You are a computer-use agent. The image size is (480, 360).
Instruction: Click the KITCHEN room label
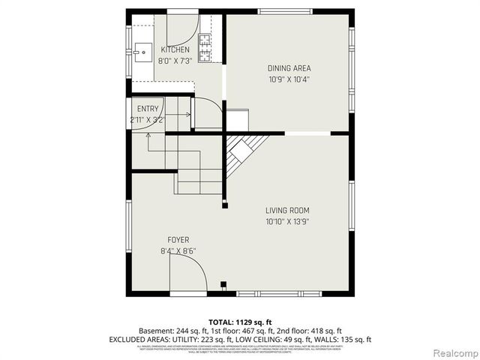tap(175, 50)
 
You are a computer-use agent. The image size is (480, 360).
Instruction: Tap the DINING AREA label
tap(289, 68)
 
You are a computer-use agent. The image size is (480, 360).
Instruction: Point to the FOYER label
tap(178, 240)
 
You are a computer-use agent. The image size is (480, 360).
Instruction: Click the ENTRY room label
tap(148, 109)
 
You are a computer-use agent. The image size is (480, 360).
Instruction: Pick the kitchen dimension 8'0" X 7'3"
tap(175, 61)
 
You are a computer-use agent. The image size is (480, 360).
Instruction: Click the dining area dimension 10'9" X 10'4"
tap(289, 79)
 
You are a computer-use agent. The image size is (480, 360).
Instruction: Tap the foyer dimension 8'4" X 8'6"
tap(178, 251)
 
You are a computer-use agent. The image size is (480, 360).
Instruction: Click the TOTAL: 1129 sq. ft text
tap(240, 321)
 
